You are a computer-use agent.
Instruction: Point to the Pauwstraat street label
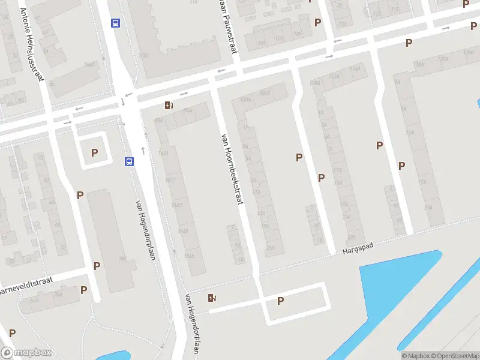coord(226,24)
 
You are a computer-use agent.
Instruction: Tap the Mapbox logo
coord(26,353)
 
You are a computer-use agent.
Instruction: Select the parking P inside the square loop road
coord(94,152)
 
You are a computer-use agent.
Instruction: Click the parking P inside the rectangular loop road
coord(280,301)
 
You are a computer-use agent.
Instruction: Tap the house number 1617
coord(170,180)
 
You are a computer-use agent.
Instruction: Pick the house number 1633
coord(176,205)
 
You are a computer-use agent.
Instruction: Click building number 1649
coord(182,231)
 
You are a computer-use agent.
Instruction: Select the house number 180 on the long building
coord(122,259)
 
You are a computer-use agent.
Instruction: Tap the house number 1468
coord(89,64)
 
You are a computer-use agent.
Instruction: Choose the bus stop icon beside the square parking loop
coord(129,161)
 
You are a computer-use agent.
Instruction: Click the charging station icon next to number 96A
coord(170,106)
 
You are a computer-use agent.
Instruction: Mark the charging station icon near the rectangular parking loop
coord(211,298)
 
